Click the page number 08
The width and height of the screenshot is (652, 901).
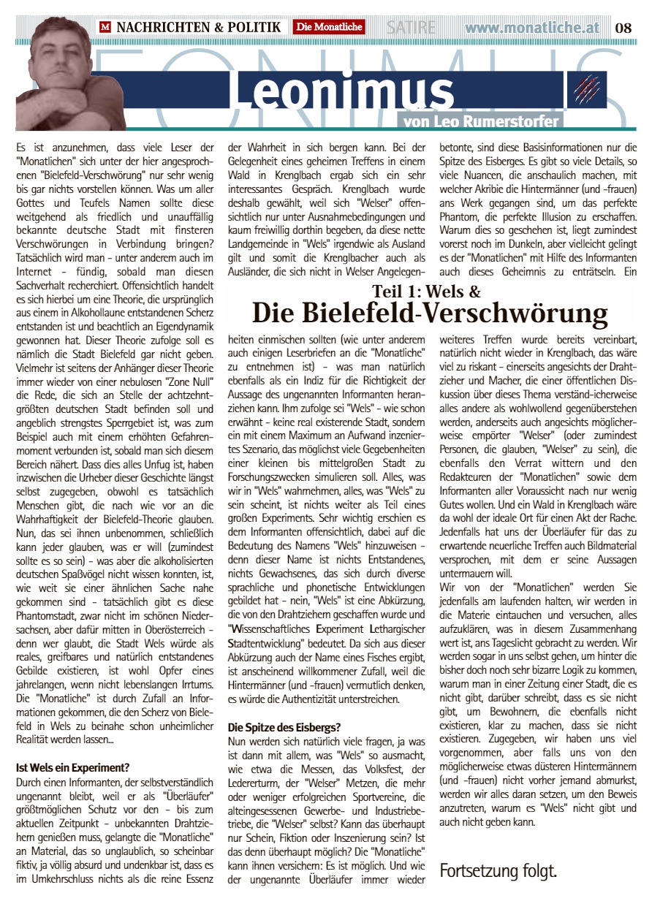[x=623, y=28]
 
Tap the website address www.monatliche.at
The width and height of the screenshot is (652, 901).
[x=532, y=28]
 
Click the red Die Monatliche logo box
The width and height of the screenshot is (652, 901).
[x=329, y=28]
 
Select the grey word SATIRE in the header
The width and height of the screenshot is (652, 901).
[x=412, y=28]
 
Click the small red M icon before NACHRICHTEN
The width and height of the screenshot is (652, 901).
[x=106, y=28]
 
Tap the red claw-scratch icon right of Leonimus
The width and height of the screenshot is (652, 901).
[x=585, y=89]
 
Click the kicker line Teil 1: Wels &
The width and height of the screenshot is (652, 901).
[x=426, y=292]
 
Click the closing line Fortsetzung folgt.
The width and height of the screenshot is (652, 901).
[x=498, y=870]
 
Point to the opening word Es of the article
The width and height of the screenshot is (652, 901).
[x=20, y=147]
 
